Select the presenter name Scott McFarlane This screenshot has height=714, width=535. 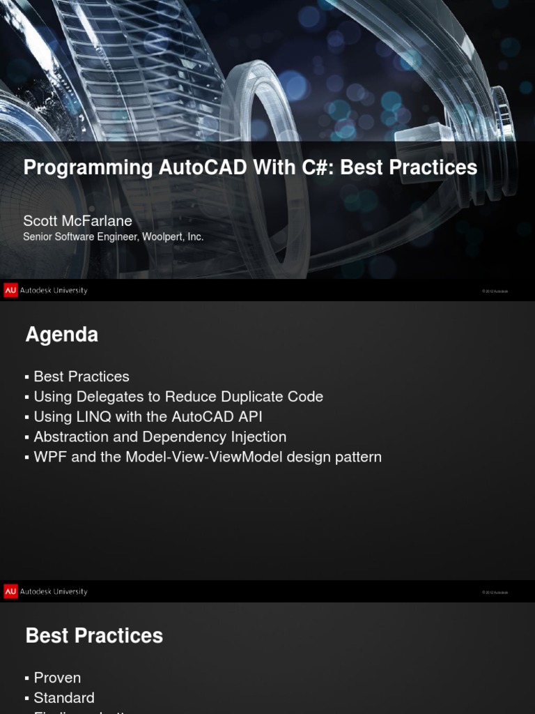(x=77, y=221)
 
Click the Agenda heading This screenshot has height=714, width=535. (x=62, y=335)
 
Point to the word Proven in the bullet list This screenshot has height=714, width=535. (x=57, y=678)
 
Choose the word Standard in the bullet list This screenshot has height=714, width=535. (x=64, y=698)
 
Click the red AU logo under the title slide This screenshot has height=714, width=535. (x=10, y=290)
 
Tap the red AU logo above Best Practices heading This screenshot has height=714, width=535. (x=10, y=591)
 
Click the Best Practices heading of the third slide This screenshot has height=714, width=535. (x=94, y=636)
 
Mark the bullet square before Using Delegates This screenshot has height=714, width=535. (x=27, y=397)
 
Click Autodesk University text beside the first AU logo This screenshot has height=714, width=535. (x=54, y=290)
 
